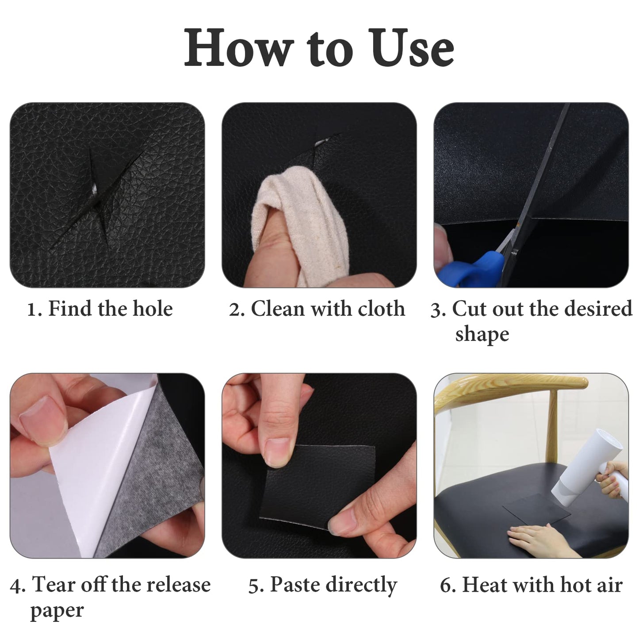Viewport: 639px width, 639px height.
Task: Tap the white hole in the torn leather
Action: (x=94, y=190)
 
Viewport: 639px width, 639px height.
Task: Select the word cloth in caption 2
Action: (x=381, y=308)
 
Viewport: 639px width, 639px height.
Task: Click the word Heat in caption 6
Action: (x=484, y=585)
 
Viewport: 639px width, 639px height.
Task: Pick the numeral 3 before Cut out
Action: (x=437, y=310)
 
